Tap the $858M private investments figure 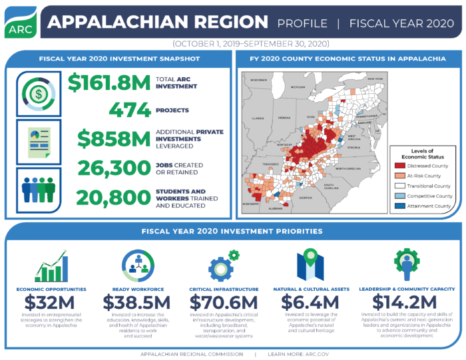(113, 138)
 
